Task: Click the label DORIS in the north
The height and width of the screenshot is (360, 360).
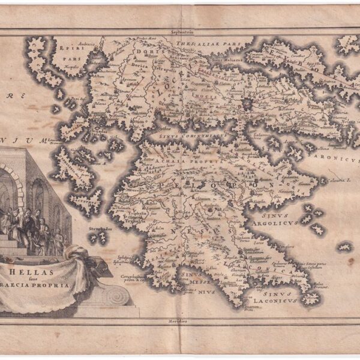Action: [137, 53]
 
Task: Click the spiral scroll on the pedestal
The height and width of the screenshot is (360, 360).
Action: [115, 295]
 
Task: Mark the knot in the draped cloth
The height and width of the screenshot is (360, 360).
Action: [90, 259]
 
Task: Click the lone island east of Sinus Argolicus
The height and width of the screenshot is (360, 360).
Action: [344, 247]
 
